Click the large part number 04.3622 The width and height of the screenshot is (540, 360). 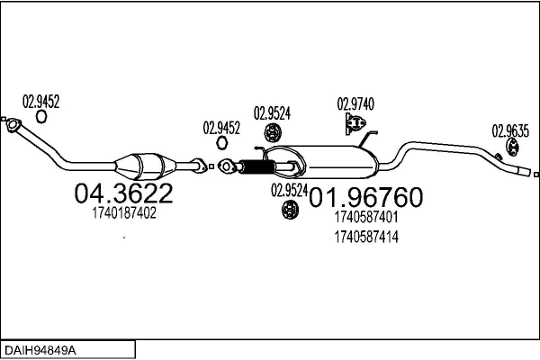[123, 193]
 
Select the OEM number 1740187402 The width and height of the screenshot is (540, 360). [124, 213]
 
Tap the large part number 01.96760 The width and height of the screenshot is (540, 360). [365, 197]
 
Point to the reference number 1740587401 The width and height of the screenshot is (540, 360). [366, 217]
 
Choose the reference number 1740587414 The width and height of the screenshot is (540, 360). [366, 237]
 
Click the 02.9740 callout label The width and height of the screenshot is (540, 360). [355, 104]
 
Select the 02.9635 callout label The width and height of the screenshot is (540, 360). [510, 130]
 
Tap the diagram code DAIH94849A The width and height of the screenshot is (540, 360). [40, 351]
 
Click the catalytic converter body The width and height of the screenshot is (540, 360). [145, 166]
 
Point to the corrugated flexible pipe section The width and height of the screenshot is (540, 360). [256, 167]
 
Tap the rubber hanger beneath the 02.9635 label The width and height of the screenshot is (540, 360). [512, 147]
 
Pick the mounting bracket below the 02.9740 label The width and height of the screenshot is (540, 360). [355, 123]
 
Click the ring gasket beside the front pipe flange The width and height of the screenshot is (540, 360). [41, 116]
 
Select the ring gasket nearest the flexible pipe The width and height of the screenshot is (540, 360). [222, 142]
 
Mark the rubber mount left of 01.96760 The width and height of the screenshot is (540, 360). [291, 210]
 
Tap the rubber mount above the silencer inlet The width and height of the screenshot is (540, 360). [273, 132]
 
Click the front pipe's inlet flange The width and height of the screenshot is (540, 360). [13, 125]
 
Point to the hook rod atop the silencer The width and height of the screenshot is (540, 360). [368, 139]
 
